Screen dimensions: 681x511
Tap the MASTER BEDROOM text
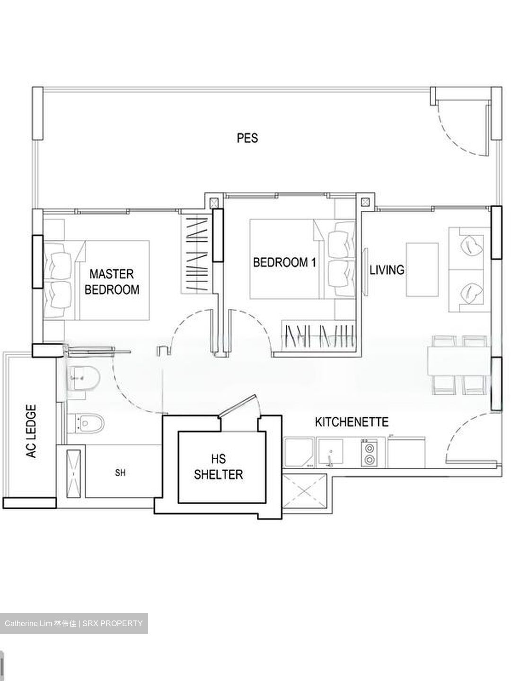point(112,281)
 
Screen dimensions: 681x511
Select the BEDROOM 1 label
point(284,262)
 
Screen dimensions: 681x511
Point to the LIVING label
point(387,270)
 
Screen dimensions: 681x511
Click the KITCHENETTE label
point(352,421)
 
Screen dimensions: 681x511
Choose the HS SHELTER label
point(218,466)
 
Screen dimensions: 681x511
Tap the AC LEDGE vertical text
point(31,431)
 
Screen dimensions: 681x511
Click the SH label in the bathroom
point(120,472)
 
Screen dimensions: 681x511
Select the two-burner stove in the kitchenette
point(368,453)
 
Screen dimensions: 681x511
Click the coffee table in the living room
point(422,270)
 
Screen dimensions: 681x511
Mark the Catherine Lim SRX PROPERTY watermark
point(74,623)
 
